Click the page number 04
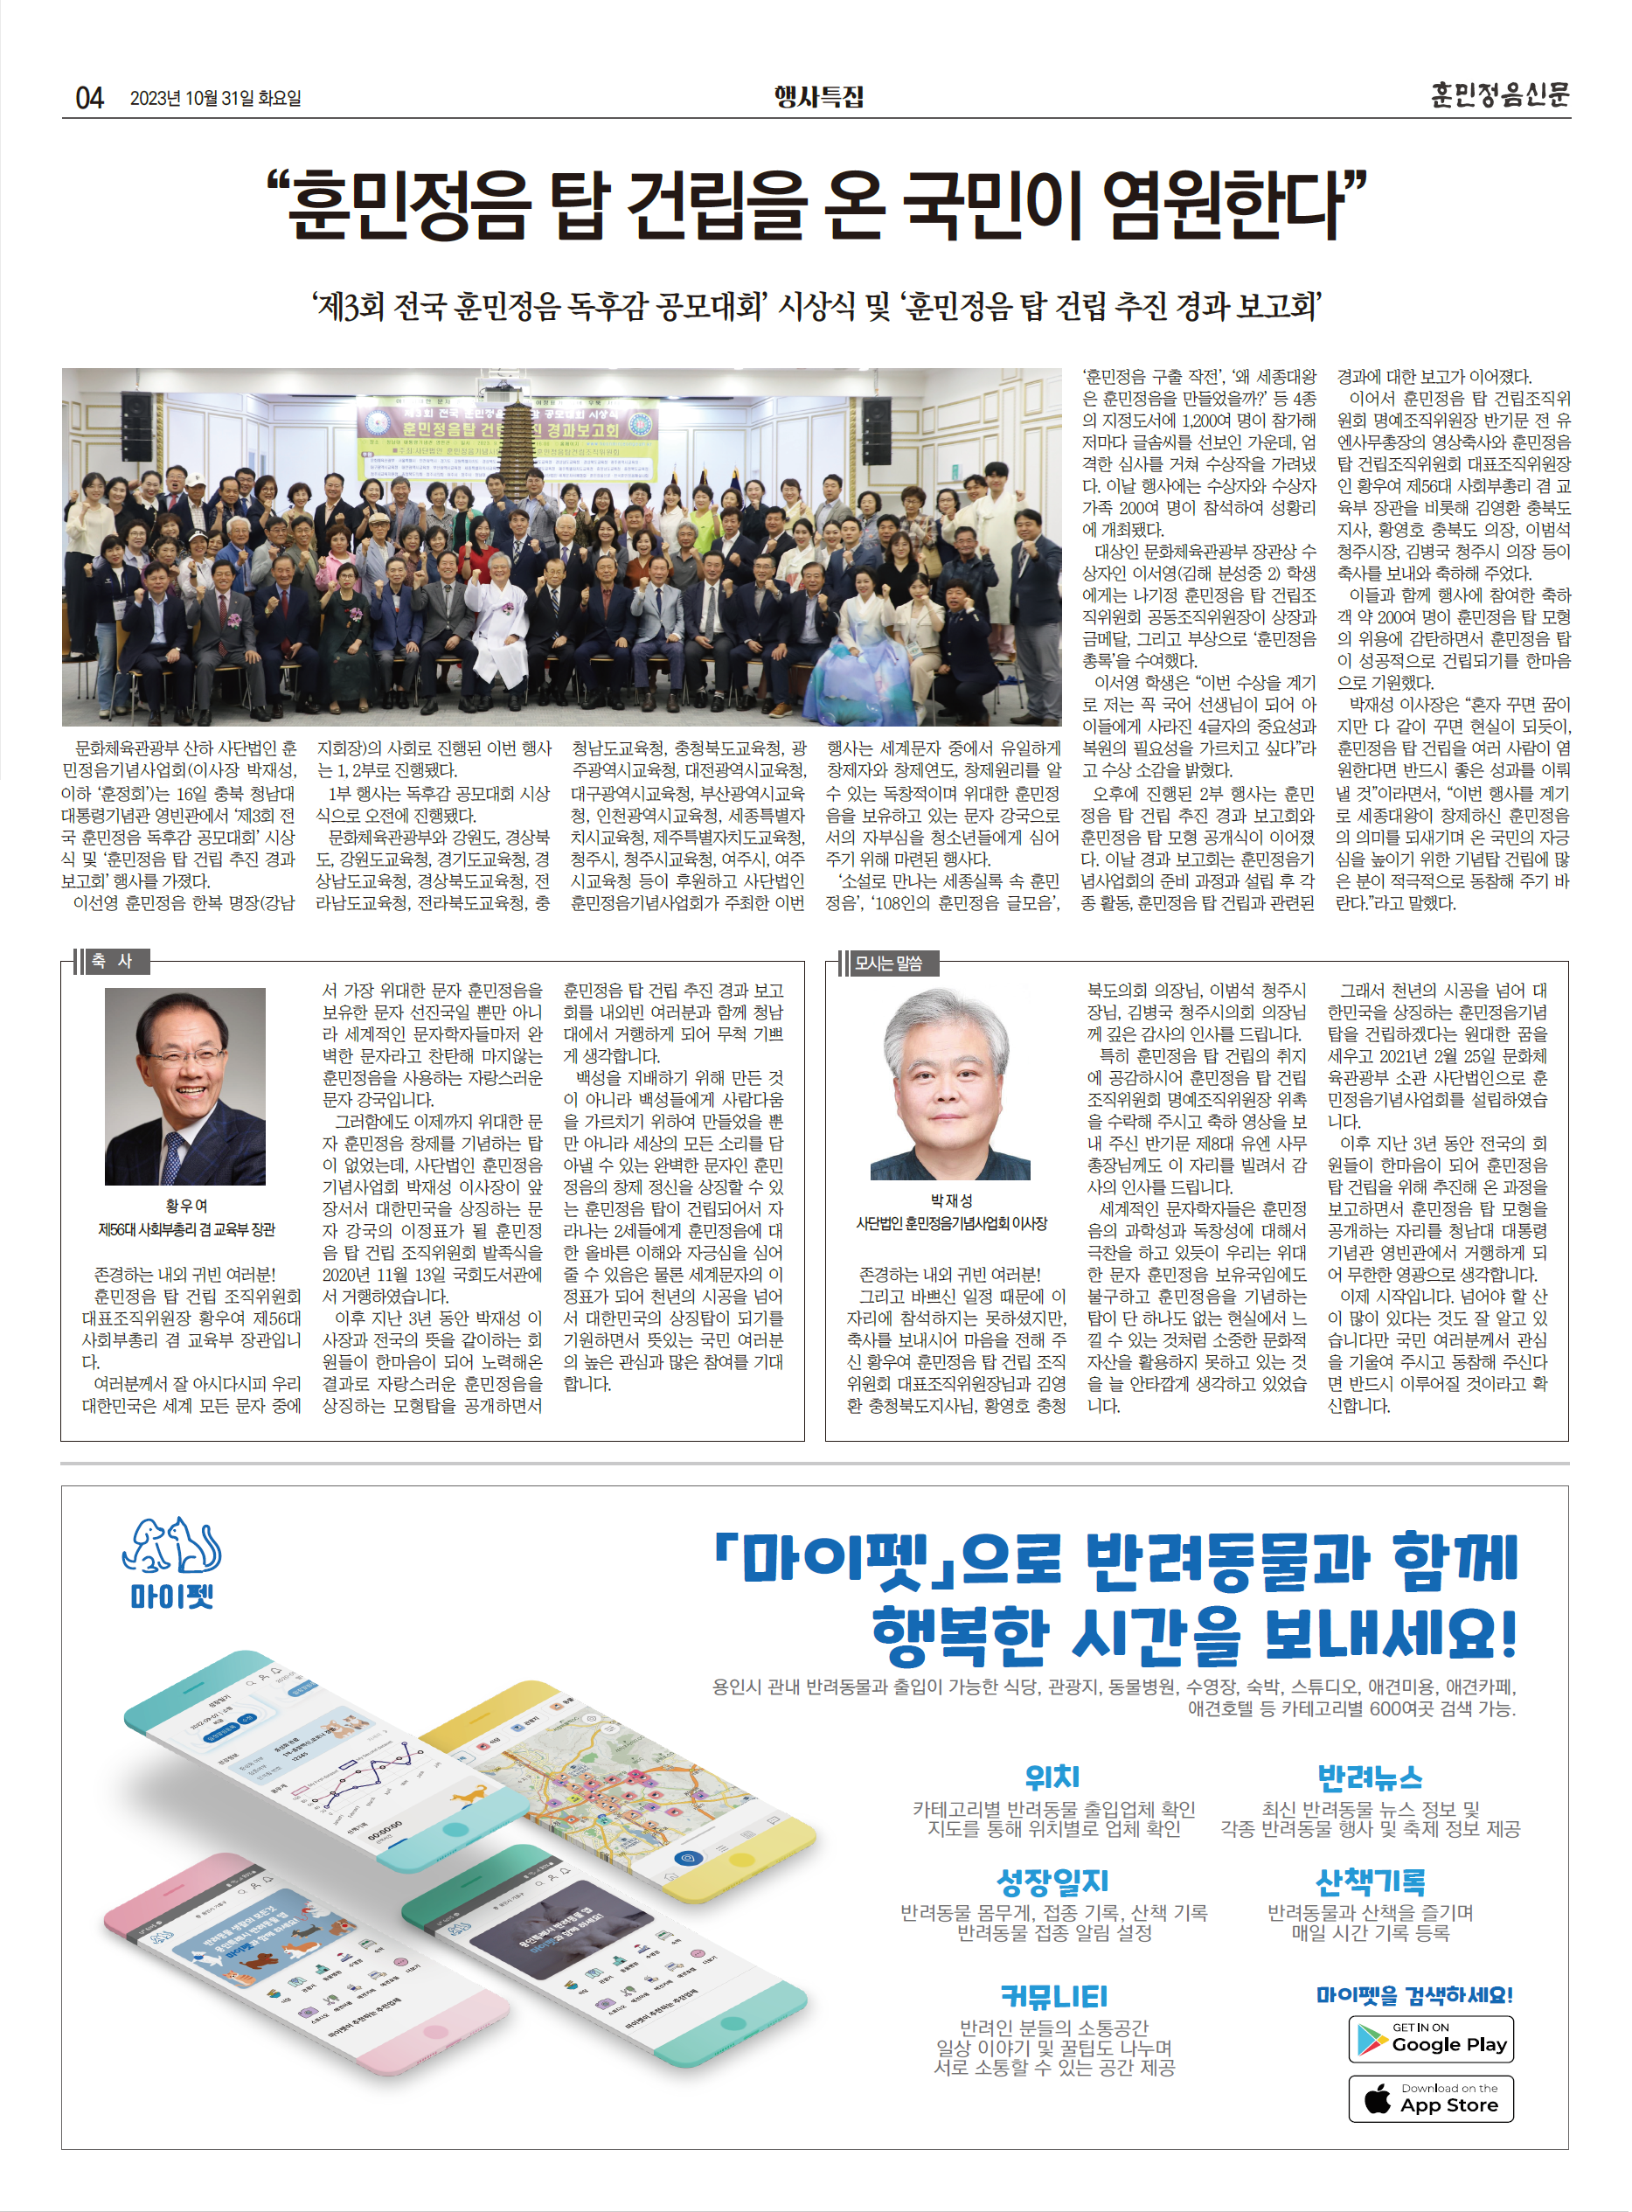[x=89, y=97]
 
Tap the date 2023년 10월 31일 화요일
[x=215, y=98]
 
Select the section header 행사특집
[x=818, y=96]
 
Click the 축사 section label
[x=111, y=961]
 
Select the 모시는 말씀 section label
[x=888, y=963]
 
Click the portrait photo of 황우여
[x=184, y=1086]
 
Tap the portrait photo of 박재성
[x=949, y=1084]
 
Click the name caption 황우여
[x=185, y=1206]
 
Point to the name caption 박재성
[x=950, y=1200]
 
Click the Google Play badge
[x=1430, y=2039]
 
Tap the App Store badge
[x=1430, y=2098]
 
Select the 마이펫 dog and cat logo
[x=172, y=1546]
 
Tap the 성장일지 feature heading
[x=1053, y=1881]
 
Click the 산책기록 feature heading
[x=1369, y=1881]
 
